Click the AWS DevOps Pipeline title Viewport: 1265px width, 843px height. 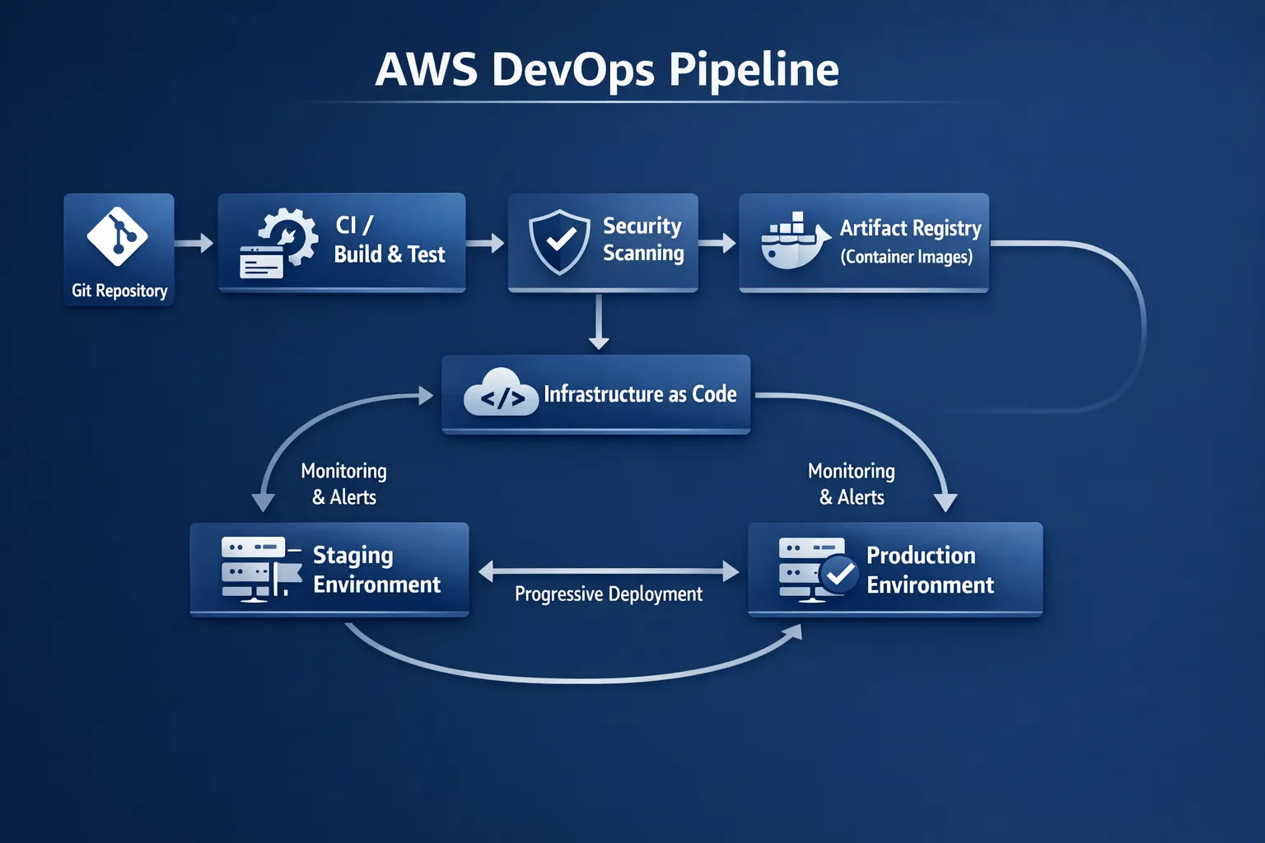(x=607, y=69)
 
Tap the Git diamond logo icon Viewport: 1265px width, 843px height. (x=118, y=236)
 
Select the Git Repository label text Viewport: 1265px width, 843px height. (x=119, y=291)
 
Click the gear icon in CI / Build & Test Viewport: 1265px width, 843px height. (x=287, y=236)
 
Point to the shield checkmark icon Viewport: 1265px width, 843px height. (x=560, y=241)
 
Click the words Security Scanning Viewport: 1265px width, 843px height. (x=643, y=240)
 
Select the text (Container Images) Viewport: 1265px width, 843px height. (x=906, y=257)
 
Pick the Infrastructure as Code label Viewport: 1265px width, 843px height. (x=640, y=394)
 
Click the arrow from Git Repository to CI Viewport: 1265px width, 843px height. (x=195, y=243)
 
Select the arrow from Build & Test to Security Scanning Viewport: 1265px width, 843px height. (x=486, y=243)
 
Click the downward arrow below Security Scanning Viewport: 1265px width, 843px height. (x=599, y=323)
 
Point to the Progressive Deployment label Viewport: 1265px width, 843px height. (x=609, y=594)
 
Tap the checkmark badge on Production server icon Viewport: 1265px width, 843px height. (x=840, y=574)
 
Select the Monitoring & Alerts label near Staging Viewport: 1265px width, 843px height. (x=343, y=484)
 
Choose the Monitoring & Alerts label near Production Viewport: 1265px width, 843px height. (x=852, y=484)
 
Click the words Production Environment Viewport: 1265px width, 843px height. (x=930, y=570)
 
